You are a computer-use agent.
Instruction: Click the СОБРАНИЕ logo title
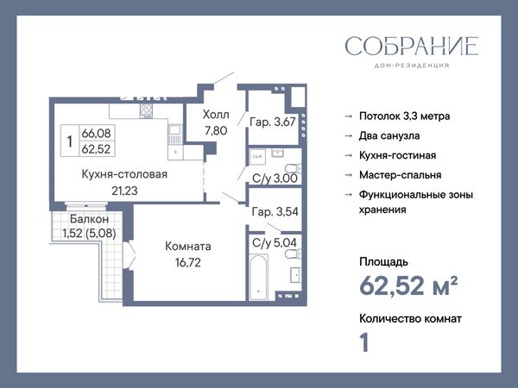pos(412,46)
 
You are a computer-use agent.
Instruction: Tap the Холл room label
pos(216,115)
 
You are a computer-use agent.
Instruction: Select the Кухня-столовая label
pos(124,174)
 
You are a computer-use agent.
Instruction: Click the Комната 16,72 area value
pos(188,263)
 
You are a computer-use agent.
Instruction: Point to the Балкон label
pos(89,219)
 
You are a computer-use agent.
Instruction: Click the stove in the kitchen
pos(146,111)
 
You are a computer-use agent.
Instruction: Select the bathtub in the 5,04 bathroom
pos(258,277)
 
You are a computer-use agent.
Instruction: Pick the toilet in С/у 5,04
pos(293,254)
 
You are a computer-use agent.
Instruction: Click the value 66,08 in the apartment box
pos(96,134)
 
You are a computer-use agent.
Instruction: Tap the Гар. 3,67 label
pos(273,122)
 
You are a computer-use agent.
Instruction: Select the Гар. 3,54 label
pos(275,211)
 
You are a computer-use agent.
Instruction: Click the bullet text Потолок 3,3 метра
pos(404,116)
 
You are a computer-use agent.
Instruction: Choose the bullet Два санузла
pos(389,136)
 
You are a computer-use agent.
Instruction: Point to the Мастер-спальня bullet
pos(400,175)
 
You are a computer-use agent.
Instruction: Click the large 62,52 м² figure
pos(408,285)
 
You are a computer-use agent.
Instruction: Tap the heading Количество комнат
pos(410,319)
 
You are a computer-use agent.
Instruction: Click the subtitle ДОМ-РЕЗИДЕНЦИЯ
pos(412,66)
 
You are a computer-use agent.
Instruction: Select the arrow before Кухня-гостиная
pos(349,155)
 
